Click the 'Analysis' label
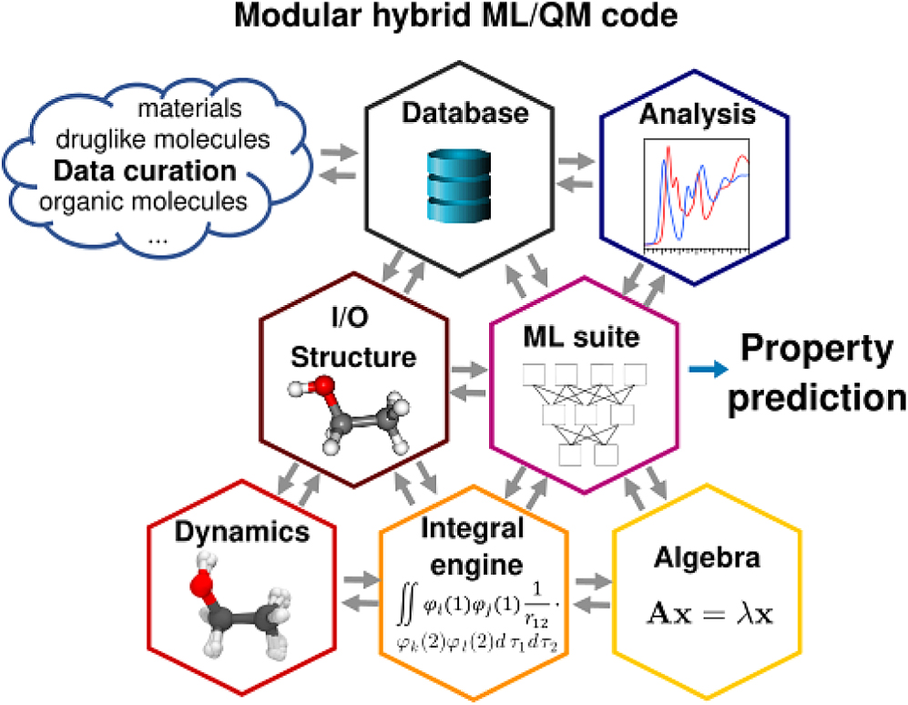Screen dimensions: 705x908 click(x=697, y=115)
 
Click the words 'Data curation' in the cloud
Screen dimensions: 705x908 click(x=145, y=170)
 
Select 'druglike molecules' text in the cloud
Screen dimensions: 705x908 click(x=162, y=139)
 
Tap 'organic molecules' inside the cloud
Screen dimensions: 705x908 click(x=144, y=199)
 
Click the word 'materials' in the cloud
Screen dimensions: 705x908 click(x=189, y=109)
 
